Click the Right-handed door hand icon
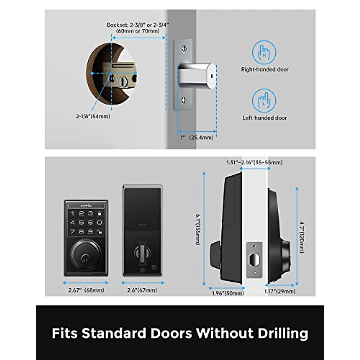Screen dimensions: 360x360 264,52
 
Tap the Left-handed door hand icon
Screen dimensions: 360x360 264,101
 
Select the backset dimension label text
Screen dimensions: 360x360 138,28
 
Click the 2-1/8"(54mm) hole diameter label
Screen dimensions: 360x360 93,116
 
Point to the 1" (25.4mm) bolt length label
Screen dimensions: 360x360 197,137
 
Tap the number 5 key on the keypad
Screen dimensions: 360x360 81,223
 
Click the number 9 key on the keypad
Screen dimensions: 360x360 90,232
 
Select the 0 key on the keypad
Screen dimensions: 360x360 100,223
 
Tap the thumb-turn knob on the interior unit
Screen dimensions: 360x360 142,251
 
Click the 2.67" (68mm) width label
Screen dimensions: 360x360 86,290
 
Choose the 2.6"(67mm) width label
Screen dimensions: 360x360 142,290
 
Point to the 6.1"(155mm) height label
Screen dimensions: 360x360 198,229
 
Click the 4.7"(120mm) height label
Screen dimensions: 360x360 302,237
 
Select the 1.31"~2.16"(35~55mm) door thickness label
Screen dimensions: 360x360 254,163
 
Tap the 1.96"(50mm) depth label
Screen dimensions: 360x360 228,293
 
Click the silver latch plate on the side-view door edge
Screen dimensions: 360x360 254,259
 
